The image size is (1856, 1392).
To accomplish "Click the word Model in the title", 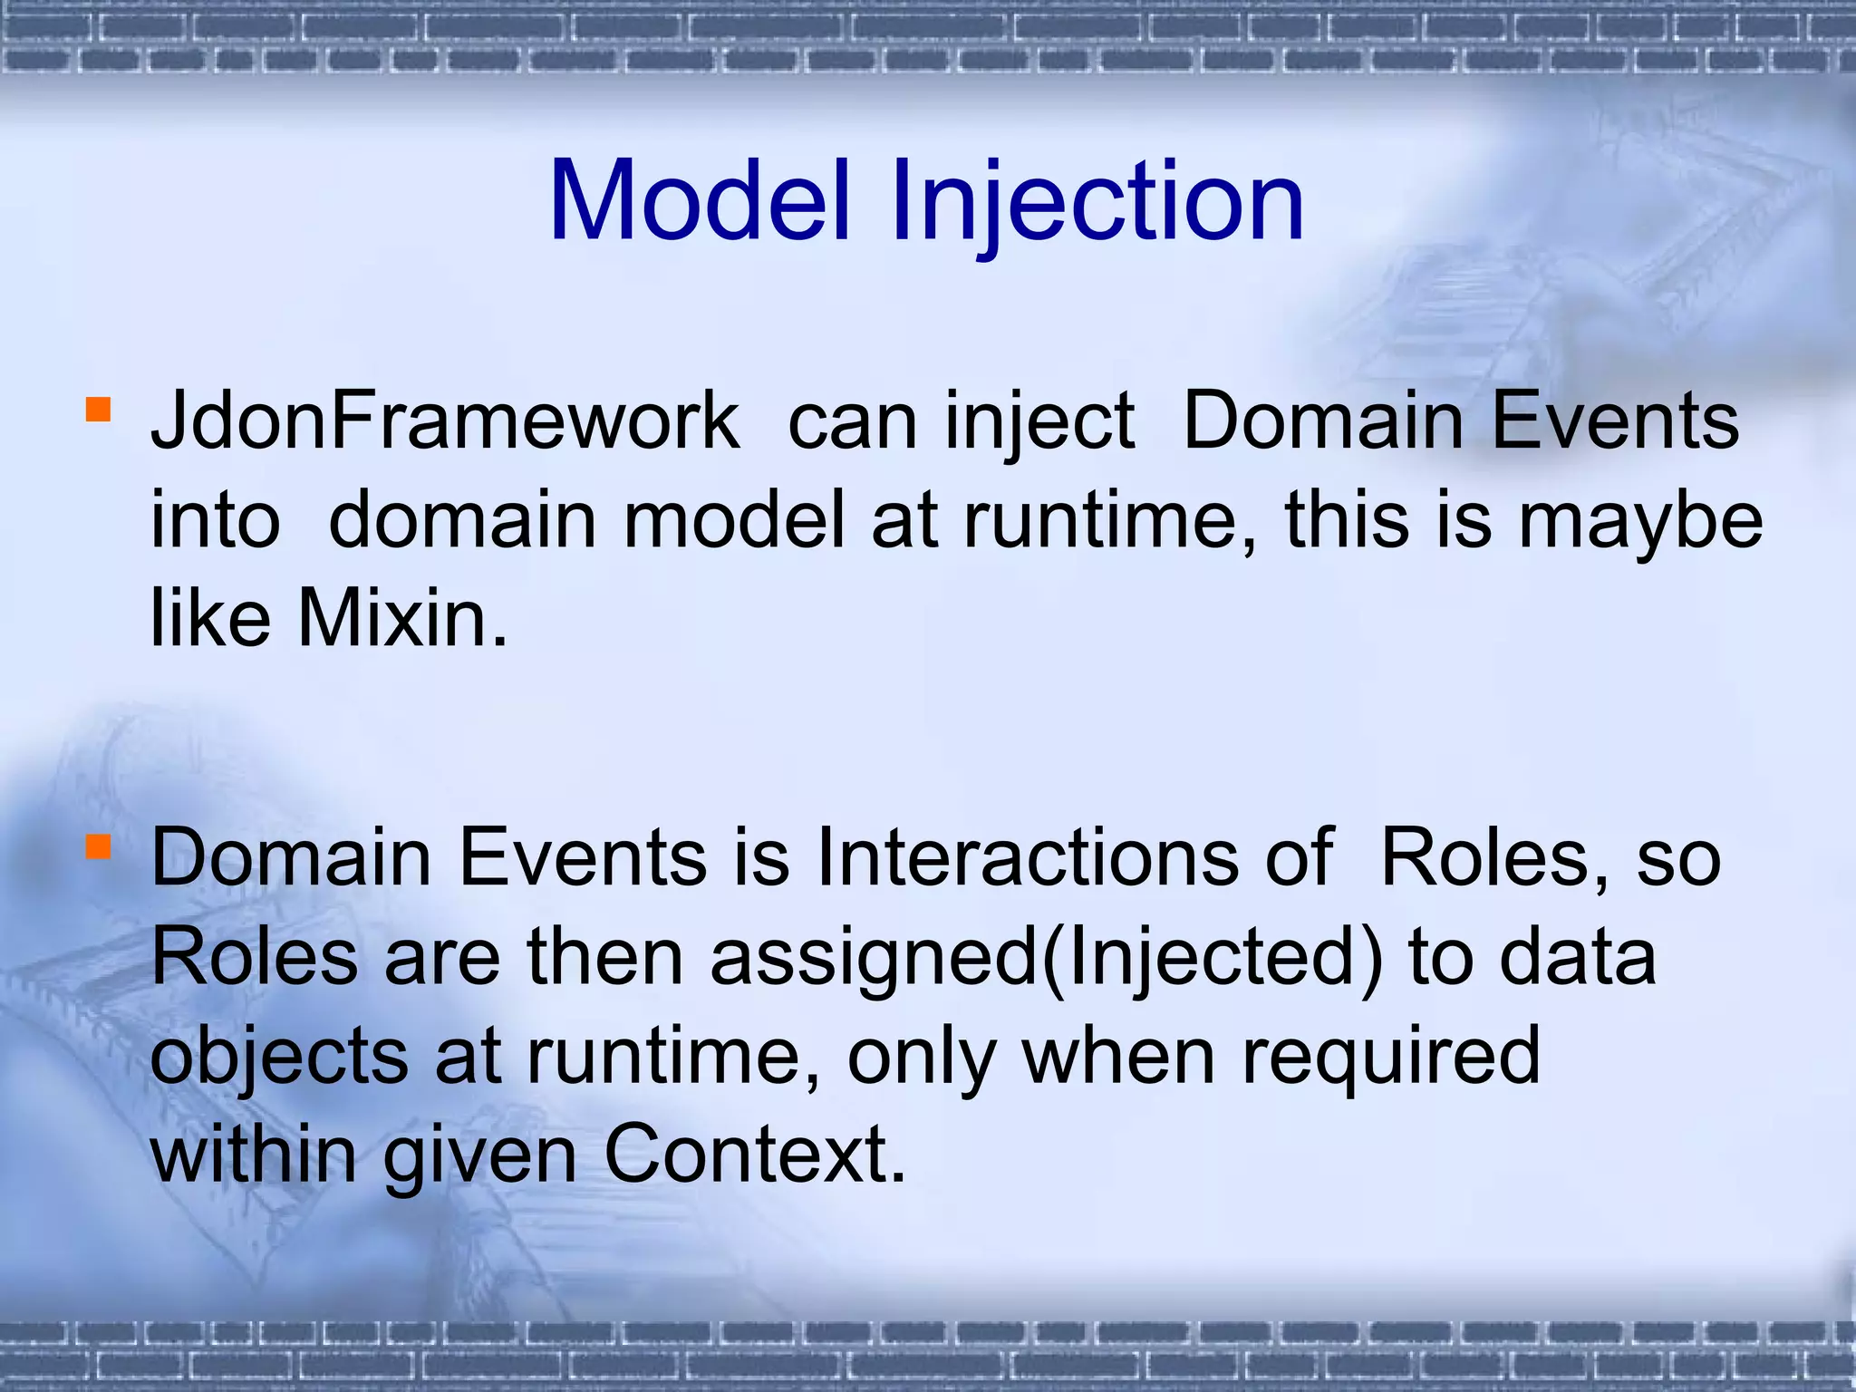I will point(699,201).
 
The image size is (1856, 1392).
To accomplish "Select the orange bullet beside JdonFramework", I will point(98,410).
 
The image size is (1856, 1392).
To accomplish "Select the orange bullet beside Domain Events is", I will point(98,846).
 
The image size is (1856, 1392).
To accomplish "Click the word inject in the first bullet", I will point(1039,422).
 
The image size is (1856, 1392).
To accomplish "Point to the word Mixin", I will point(402,618).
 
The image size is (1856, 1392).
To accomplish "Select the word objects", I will point(279,1057).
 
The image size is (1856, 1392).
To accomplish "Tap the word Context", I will point(754,1155).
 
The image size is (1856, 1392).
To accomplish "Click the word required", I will point(1390,1057).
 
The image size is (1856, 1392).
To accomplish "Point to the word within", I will point(254,1155).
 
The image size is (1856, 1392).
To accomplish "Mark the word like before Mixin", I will point(210,618).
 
